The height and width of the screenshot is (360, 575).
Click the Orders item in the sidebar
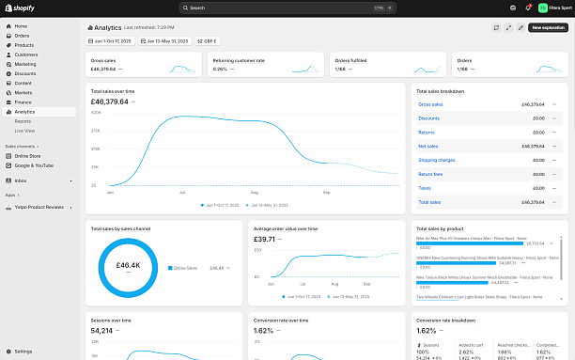point(23,36)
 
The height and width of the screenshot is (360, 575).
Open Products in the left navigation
point(24,45)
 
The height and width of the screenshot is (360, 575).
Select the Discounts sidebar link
point(25,73)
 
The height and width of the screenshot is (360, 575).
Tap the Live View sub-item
point(25,131)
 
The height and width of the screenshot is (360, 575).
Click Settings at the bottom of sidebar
point(23,351)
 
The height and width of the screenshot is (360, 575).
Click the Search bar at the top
point(287,8)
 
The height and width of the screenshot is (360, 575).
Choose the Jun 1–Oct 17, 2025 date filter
point(111,41)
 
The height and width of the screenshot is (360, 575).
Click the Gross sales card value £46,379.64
point(103,69)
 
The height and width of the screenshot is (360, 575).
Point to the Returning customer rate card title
point(239,60)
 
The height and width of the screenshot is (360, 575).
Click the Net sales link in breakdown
point(428,147)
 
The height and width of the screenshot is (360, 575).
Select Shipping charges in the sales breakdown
point(437,160)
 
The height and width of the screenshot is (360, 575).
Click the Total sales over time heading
point(118,91)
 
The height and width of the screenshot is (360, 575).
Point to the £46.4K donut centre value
point(128,266)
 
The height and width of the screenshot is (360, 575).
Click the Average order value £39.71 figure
point(265,239)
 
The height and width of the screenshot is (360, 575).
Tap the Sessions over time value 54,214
point(101,330)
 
